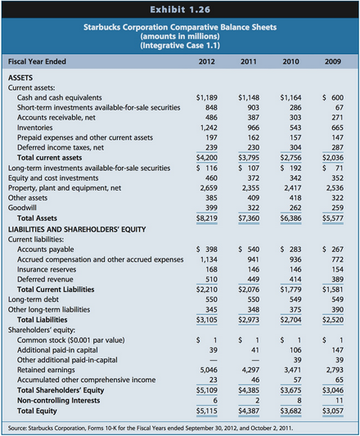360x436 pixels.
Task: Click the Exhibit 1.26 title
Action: pyautogui.click(x=180, y=10)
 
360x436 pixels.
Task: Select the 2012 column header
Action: pyautogui.click(x=207, y=61)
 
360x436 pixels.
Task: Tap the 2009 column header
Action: pyautogui.click(x=333, y=61)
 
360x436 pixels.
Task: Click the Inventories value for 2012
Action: pyautogui.click(x=209, y=128)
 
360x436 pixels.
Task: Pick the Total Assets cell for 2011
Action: pyautogui.click(x=249, y=218)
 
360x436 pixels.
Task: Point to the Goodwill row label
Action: pyautogui.click(x=22, y=208)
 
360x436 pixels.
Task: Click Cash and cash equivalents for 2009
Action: pyautogui.click(x=333, y=97)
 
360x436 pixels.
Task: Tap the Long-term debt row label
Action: pyautogui.click(x=34, y=299)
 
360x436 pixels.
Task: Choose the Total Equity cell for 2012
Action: pyautogui.click(x=207, y=411)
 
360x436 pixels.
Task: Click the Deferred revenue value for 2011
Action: pyautogui.click(x=254, y=279)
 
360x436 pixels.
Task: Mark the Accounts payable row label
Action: pyautogui.click(x=46, y=249)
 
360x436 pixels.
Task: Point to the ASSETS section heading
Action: pyautogui.click(x=20, y=78)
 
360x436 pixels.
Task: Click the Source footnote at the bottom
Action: pyautogui.click(x=151, y=428)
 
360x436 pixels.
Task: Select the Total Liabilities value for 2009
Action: pyautogui.click(x=333, y=320)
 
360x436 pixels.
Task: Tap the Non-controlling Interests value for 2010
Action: pyautogui.click(x=299, y=400)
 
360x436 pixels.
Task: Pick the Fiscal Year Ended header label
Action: pyautogui.click(x=37, y=61)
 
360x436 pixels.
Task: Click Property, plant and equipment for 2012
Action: pyautogui.click(x=209, y=188)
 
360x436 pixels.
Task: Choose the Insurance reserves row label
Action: pyautogui.click(x=47, y=269)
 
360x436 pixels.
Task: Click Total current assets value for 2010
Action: pyautogui.click(x=290, y=158)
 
